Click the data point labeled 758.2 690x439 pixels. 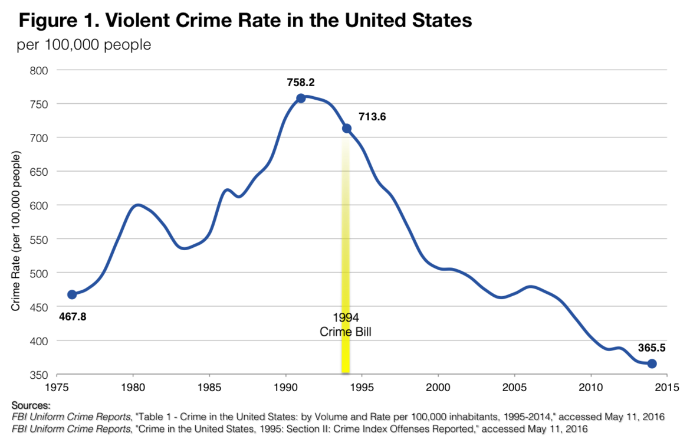click(300, 98)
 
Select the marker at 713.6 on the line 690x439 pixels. click(347, 128)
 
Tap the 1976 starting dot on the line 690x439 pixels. click(72, 294)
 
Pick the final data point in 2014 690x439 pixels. click(652, 363)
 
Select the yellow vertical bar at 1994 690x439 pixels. click(346, 248)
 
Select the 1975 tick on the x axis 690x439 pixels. click(57, 390)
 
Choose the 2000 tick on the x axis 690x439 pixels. click(438, 390)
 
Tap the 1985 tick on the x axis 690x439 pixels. click(209, 390)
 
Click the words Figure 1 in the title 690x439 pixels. click(55, 21)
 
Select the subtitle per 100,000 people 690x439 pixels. click(84, 45)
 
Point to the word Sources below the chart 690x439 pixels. click(31, 406)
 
